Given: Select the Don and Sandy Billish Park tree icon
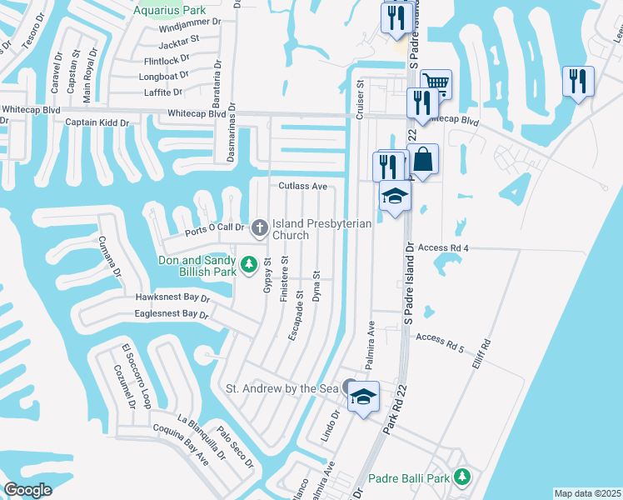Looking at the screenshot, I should point(248,265).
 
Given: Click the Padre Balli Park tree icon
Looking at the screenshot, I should point(462,477).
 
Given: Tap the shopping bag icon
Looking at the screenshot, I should point(422,158).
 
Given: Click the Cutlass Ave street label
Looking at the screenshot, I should point(302,186).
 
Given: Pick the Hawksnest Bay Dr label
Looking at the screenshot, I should point(172,297).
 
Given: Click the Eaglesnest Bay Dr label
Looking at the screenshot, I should point(170,314).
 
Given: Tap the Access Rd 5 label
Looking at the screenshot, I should point(439,338).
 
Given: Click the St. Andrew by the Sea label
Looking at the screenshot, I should point(282,388).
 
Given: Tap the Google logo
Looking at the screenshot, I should point(28,491).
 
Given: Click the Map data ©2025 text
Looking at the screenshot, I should point(587,493).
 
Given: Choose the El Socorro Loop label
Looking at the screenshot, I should point(136,377).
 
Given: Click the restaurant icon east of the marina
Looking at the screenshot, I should point(577,81).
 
